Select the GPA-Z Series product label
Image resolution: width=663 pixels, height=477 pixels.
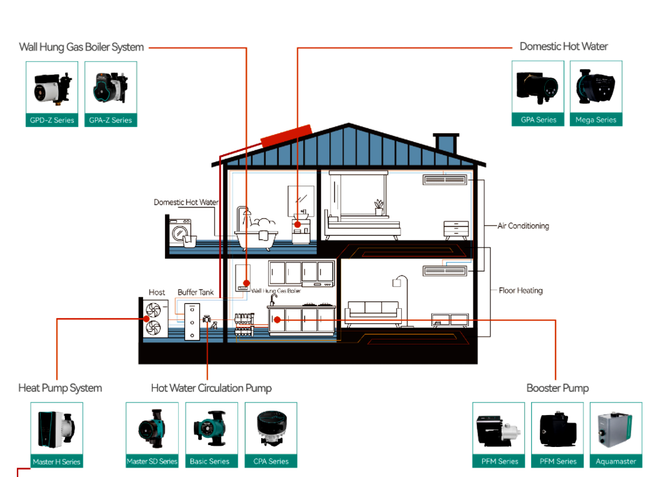111,120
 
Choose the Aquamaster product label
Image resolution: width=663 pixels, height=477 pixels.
616,461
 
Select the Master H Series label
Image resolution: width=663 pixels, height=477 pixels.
57,462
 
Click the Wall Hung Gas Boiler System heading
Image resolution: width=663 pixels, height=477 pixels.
81,47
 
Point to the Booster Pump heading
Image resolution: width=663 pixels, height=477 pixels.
557,388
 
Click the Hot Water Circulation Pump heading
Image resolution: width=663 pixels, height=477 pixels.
211,388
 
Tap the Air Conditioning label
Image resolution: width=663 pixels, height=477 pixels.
523,226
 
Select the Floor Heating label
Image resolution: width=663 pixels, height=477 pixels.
521,291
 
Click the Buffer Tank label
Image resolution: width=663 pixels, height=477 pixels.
196,292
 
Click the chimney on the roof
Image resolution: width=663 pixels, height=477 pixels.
446,143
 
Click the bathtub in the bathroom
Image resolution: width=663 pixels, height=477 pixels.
256,236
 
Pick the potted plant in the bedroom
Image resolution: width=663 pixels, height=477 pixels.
379,207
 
